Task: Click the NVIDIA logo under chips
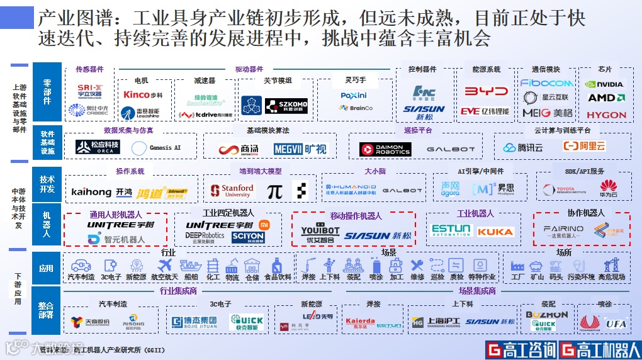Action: pyautogui.click(x=604, y=84)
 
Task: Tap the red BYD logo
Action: pyautogui.click(x=486, y=91)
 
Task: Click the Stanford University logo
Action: pyautogui.click(x=232, y=191)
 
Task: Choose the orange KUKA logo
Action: pyautogui.click(x=495, y=232)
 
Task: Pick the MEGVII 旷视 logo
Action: pyautogui.click(x=300, y=149)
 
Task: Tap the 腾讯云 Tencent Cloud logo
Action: pyautogui.click(x=522, y=148)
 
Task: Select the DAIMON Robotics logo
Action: pyautogui.click(x=385, y=149)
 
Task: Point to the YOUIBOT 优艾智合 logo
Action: pyautogui.click(x=320, y=232)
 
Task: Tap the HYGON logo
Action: pyautogui.click(x=606, y=115)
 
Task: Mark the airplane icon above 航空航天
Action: pyautogui.click(x=166, y=266)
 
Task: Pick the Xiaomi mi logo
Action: pyautogui.click(x=265, y=225)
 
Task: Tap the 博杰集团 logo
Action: pyautogui.click(x=194, y=322)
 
